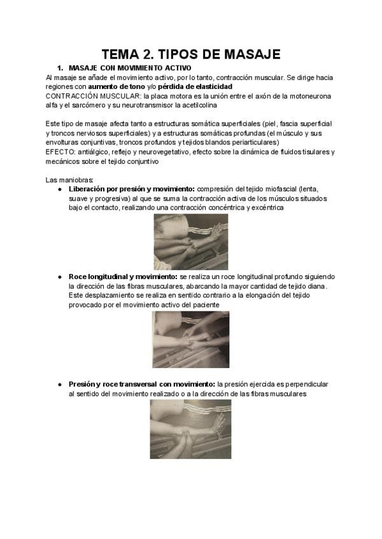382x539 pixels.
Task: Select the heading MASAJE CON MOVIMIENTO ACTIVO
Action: click(x=129, y=68)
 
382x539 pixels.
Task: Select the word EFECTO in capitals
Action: click(x=60, y=152)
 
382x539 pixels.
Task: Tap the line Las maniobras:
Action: click(x=70, y=180)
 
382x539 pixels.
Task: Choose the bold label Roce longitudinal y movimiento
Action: click(x=122, y=277)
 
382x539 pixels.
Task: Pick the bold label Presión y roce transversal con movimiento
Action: click(x=141, y=385)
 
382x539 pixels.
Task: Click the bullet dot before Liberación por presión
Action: click(x=60, y=189)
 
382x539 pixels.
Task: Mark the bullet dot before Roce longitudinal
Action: click(x=60, y=277)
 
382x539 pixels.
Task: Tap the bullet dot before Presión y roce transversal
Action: click(x=60, y=385)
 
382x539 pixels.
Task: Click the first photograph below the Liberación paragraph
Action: click(x=190, y=242)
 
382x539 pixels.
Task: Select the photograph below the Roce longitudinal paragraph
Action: click(x=190, y=339)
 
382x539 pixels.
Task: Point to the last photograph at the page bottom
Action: click(x=190, y=428)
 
